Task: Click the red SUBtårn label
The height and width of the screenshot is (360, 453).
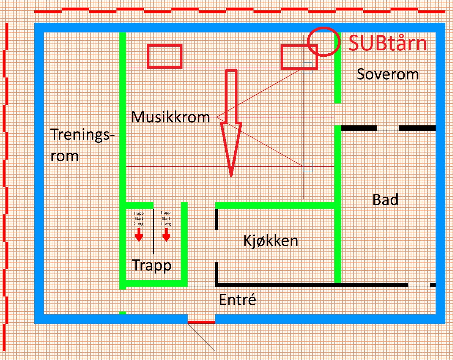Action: coord(388,43)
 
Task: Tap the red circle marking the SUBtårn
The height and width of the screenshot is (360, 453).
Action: coord(323,41)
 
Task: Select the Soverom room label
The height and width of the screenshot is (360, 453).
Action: coord(388,74)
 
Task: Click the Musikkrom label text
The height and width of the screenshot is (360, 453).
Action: coord(170,117)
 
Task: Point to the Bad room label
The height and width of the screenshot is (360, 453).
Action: coord(385,200)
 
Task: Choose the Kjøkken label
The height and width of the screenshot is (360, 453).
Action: coord(271,240)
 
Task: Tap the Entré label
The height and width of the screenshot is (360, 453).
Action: coord(238,300)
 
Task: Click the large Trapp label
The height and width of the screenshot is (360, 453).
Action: coord(152,265)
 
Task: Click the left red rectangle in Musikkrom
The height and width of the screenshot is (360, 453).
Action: coord(164,56)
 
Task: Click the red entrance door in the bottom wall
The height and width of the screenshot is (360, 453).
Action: coord(201,322)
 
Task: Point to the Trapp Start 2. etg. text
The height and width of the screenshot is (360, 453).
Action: coord(139,219)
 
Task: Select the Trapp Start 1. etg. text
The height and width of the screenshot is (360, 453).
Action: coord(166,218)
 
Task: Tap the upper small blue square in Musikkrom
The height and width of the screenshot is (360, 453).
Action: coord(308,68)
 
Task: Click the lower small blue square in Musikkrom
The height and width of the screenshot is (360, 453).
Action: coord(308,166)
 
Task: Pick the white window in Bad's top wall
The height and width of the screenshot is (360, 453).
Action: coord(388,128)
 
